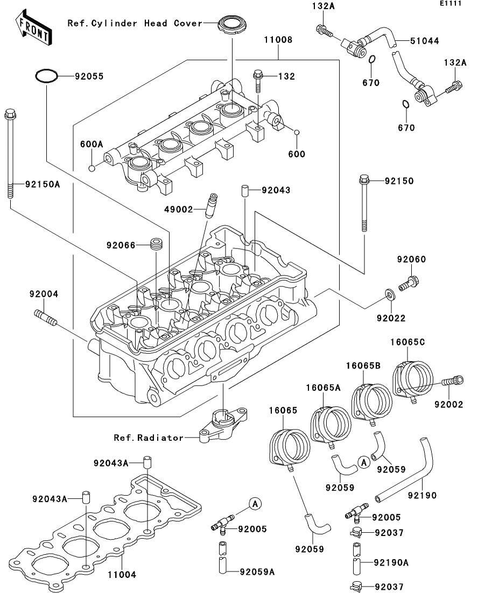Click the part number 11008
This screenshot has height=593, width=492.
[x=278, y=39]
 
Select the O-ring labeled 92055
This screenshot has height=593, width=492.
[x=47, y=76]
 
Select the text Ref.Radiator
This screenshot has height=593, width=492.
[x=149, y=438]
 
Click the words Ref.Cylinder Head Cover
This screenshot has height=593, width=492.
[x=135, y=23]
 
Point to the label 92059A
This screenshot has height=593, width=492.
[x=257, y=571]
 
